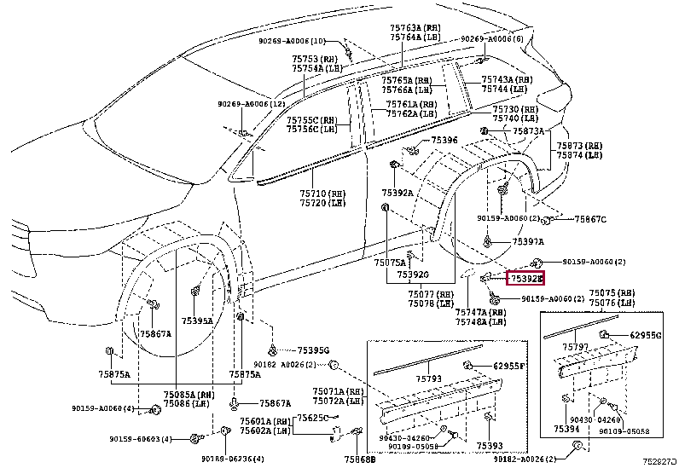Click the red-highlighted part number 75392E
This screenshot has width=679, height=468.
[525, 278]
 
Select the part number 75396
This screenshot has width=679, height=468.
[444, 140]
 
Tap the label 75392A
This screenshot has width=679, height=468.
[396, 193]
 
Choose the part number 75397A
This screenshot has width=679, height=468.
[528, 242]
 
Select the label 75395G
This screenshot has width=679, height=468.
[313, 350]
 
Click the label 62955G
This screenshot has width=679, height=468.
[646, 335]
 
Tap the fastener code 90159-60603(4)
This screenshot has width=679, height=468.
[141, 439]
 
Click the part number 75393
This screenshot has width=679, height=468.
[490, 446]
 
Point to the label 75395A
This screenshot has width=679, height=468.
[197, 321]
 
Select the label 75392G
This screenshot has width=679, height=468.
[413, 274]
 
